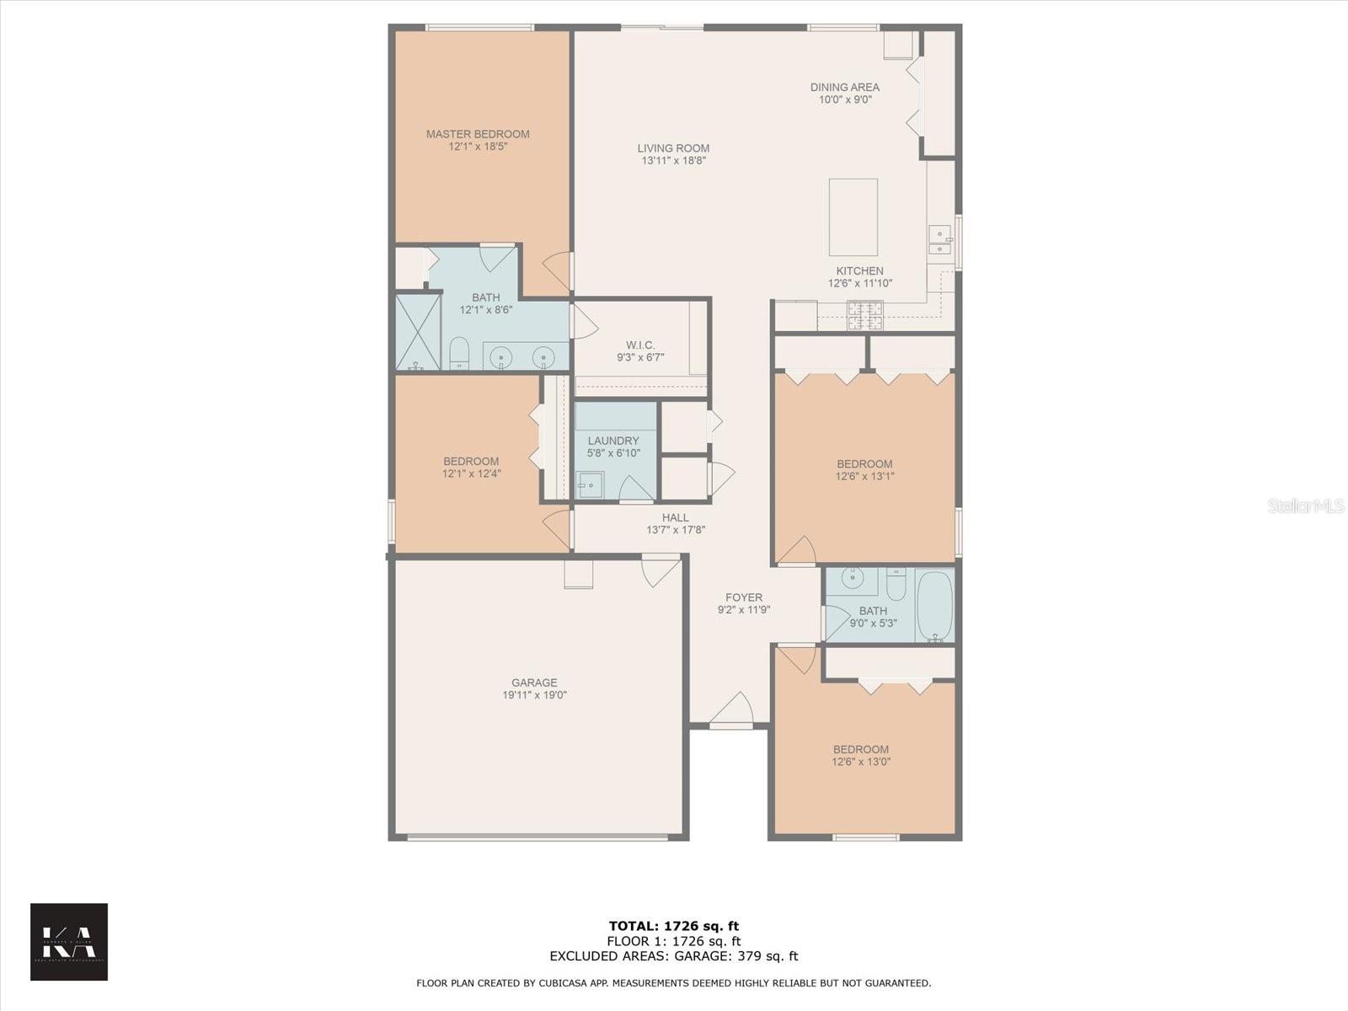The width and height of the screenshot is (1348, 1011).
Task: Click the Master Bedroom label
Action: (x=478, y=134)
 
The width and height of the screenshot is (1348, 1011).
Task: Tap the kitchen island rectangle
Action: (x=853, y=217)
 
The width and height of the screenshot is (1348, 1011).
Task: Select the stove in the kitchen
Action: (x=865, y=316)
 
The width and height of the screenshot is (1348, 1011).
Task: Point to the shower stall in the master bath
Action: (x=419, y=331)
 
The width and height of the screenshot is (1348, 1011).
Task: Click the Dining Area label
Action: (x=845, y=87)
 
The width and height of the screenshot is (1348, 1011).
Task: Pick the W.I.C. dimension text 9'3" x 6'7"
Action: (x=640, y=357)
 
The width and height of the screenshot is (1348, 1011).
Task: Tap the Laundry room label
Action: (x=613, y=441)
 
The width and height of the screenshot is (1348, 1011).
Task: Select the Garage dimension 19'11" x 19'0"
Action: (x=534, y=695)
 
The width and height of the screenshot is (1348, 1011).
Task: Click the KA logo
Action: (x=69, y=942)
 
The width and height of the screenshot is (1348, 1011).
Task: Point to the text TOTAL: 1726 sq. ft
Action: (x=674, y=926)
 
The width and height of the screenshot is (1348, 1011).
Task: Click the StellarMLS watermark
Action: (x=1306, y=505)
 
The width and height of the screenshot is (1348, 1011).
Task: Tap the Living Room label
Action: (x=673, y=148)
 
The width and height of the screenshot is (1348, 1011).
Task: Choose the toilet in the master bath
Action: (x=459, y=354)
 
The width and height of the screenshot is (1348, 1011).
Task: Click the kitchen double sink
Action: (x=939, y=240)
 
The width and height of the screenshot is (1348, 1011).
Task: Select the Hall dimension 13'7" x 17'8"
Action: (x=675, y=530)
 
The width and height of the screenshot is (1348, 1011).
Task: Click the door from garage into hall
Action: (x=661, y=570)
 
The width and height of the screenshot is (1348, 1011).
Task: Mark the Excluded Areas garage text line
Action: (x=674, y=956)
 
